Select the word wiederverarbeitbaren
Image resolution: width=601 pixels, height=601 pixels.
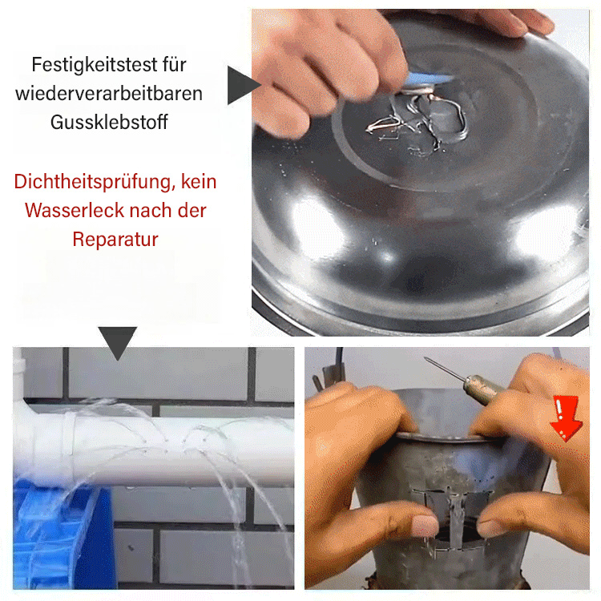[111, 93]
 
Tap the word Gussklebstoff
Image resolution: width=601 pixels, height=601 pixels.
[110, 123]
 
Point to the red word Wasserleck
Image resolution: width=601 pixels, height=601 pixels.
[71, 211]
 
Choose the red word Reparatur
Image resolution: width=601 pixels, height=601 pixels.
[115, 239]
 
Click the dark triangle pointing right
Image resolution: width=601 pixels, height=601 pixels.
[240, 85]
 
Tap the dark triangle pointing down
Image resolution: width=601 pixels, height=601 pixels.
[117, 341]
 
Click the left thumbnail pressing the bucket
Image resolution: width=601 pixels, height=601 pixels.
[423, 526]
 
